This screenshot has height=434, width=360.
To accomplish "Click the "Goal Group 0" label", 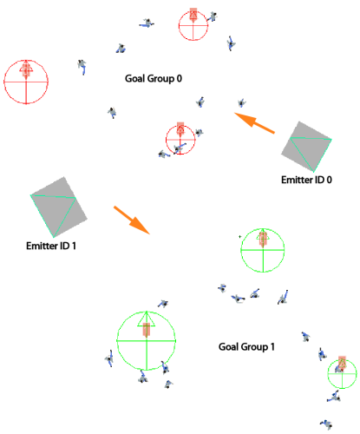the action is tap(154, 78).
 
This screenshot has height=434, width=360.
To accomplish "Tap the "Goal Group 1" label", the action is tap(246, 346).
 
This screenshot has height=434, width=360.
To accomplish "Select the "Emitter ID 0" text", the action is tap(306, 180).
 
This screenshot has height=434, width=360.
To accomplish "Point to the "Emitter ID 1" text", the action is tap(51, 246).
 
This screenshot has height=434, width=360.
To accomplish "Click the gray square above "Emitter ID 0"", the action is tap(306, 147).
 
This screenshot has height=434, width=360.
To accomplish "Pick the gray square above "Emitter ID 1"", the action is tap(59, 207).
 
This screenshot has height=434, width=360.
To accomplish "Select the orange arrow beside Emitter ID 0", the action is tap(254, 123).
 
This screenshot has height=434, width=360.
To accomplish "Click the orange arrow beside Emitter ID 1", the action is tap(132, 220).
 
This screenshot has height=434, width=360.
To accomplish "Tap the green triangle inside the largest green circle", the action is tap(147, 319).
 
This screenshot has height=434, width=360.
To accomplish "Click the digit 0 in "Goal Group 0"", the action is tap(180, 78).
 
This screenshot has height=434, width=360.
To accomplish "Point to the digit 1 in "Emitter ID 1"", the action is tap(74, 246).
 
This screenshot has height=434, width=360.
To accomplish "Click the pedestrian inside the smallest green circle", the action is tap(338, 369).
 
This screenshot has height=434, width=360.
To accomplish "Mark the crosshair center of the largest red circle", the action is tap(26, 82).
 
